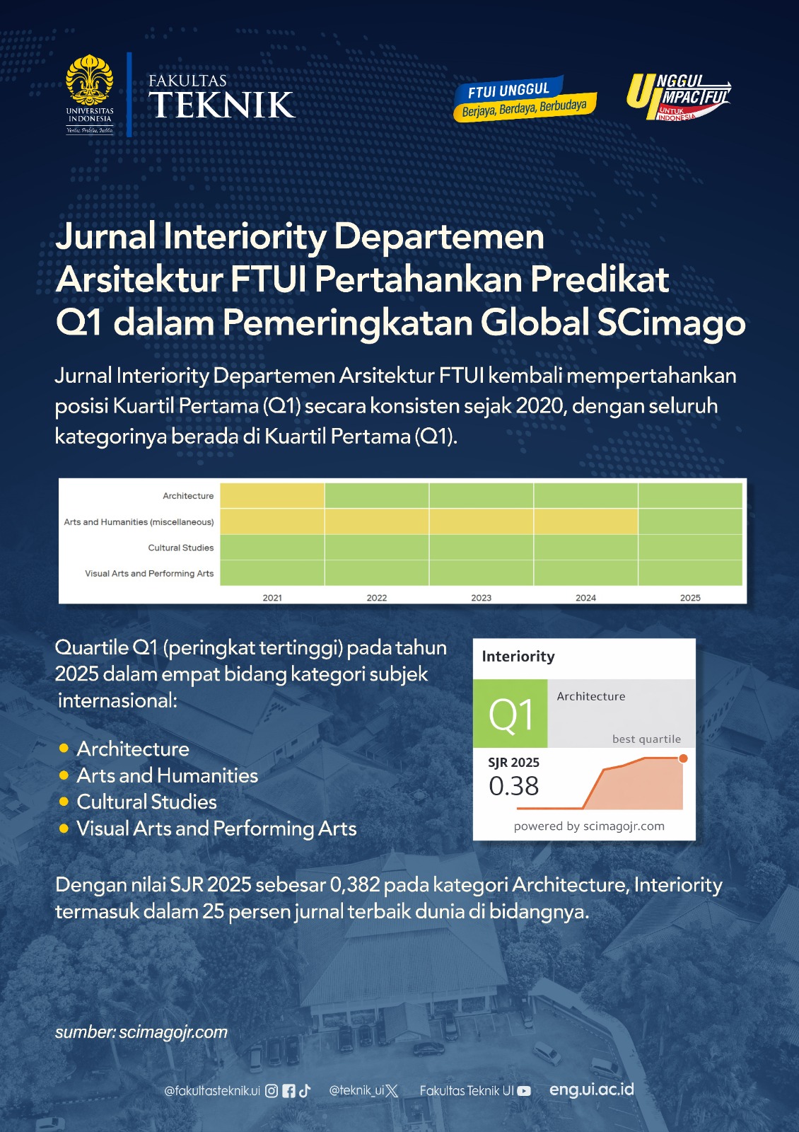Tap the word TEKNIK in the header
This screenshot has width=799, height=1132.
point(221,105)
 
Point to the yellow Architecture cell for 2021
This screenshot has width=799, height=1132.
point(272,495)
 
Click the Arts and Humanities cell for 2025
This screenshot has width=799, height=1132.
point(690,521)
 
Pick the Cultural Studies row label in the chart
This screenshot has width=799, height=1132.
point(180,548)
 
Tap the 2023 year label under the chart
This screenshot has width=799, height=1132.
point(481,598)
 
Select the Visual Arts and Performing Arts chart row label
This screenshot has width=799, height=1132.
point(149,573)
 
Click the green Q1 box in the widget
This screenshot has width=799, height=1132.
point(510,714)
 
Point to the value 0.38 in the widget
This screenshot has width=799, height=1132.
point(513,786)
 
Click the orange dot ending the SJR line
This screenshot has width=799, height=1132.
point(683,758)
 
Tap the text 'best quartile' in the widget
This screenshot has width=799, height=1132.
point(646,739)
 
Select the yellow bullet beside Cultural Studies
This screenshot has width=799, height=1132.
point(64,802)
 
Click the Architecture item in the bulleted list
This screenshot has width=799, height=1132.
point(133,749)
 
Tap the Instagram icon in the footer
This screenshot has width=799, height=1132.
point(272,1091)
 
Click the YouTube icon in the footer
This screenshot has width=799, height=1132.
point(524,1091)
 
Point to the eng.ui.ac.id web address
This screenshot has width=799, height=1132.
point(592,1090)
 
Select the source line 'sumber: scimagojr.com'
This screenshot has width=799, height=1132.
point(141,1032)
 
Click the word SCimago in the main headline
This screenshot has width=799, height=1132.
point(671,323)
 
